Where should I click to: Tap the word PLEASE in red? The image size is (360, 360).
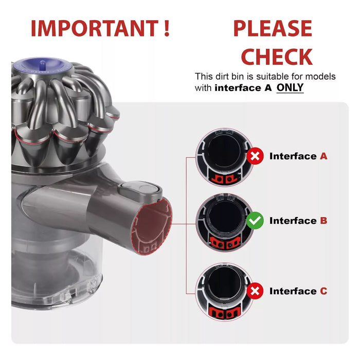(x=273, y=28)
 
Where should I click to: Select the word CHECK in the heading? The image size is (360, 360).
(x=277, y=57)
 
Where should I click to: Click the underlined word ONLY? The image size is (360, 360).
(x=290, y=88)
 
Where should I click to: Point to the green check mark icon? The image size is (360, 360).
(x=255, y=221)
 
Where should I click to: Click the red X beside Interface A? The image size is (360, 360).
(x=255, y=156)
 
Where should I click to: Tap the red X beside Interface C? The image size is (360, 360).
(x=255, y=291)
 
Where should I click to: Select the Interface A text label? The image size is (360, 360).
(x=298, y=156)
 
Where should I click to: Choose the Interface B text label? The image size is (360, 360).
(x=298, y=221)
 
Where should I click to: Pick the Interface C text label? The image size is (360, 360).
(x=298, y=291)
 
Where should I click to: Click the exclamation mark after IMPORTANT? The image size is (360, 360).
(x=166, y=28)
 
